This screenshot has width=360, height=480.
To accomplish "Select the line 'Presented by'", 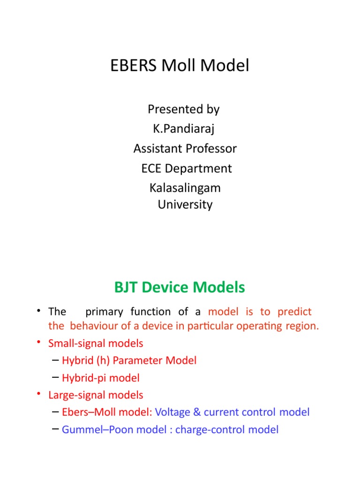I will click(x=183, y=109).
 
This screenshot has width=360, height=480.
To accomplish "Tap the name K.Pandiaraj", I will click(x=183, y=129).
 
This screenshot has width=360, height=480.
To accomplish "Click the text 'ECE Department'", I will click(x=186, y=168).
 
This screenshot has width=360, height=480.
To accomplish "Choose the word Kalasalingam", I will click(x=185, y=188).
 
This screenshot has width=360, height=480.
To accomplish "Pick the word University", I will click(x=186, y=204).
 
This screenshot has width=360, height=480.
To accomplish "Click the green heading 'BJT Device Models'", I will click(x=180, y=287).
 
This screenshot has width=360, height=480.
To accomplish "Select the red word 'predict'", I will click(x=294, y=312).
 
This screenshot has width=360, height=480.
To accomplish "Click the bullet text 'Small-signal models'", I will click(x=96, y=343).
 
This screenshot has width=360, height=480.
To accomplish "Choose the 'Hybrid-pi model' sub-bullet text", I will click(x=100, y=378).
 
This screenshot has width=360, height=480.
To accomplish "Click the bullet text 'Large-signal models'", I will click(x=96, y=395).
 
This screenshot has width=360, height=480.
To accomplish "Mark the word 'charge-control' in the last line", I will click(x=210, y=429).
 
